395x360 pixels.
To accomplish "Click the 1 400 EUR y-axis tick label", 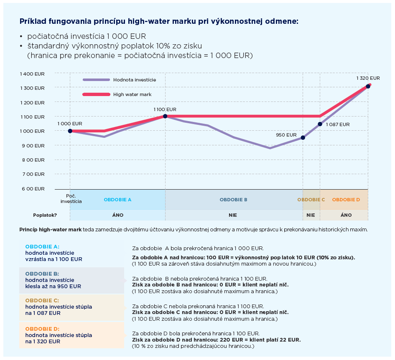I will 32,74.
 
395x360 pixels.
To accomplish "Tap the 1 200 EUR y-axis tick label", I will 32,103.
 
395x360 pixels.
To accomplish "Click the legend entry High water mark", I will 132,94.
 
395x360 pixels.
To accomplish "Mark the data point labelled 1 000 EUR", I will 70,131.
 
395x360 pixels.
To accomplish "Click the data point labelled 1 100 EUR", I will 165,116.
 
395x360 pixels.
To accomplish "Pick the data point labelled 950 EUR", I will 303,137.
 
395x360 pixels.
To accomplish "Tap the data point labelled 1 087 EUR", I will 320,124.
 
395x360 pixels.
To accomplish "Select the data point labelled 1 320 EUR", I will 368,86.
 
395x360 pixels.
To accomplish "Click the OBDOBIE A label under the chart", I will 117,200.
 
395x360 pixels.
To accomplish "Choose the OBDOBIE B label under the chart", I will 233,200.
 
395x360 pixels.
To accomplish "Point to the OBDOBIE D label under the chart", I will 346,200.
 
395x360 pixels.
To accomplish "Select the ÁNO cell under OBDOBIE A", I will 117,215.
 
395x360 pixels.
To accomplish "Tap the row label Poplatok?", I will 45,215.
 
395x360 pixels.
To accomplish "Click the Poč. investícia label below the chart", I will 71,198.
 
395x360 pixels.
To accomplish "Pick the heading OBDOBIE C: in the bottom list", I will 42,300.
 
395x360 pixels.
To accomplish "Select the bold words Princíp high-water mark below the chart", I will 51,230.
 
